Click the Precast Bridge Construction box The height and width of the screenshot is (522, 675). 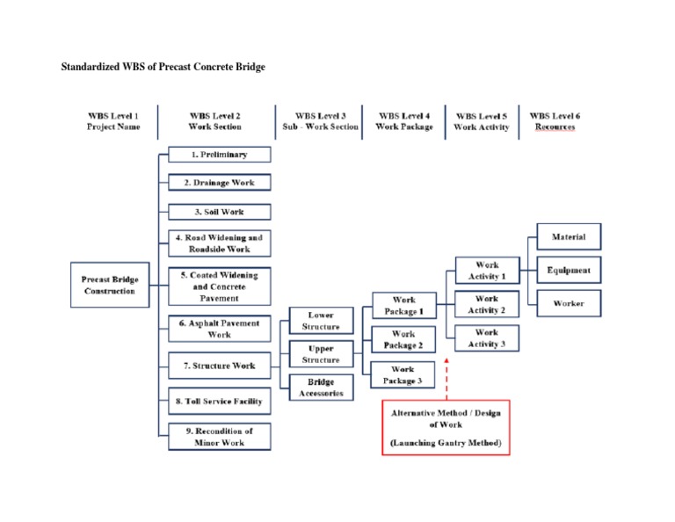pyautogui.click(x=109, y=285)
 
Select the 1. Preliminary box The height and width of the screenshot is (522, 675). pyautogui.click(x=220, y=155)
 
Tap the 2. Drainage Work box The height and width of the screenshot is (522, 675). pyautogui.click(x=220, y=183)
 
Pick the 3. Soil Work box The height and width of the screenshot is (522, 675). pyautogui.click(x=220, y=212)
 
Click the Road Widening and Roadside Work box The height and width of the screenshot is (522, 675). pyautogui.click(x=220, y=243)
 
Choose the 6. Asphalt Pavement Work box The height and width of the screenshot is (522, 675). pyautogui.click(x=220, y=329)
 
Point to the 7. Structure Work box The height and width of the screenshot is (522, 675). pyautogui.click(x=220, y=365)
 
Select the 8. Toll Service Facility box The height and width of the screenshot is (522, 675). pyautogui.click(x=220, y=401)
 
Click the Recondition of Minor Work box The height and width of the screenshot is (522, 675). pyautogui.click(x=220, y=437)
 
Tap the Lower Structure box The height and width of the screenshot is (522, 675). pyautogui.click(x=321, y=321)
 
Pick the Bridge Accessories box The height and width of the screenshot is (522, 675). pyautogui.click(x=321, y=388)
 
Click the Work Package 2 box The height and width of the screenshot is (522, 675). pyautogui.click(x=403, y=339)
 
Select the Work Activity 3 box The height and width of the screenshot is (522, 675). pyautogui.click(x=486, y=338)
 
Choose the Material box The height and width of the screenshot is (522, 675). pyautogui.click(x=569, y=237)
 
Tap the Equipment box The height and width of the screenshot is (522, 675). pyautogui.click(x=569, y=270)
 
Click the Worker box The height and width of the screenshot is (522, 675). pyautogui.click(x=569, y=303)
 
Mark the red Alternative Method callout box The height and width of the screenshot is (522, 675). pyautogui.click(x=446, y=428)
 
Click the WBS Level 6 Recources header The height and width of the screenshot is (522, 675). pyautogui.click(x=555, y=121)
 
